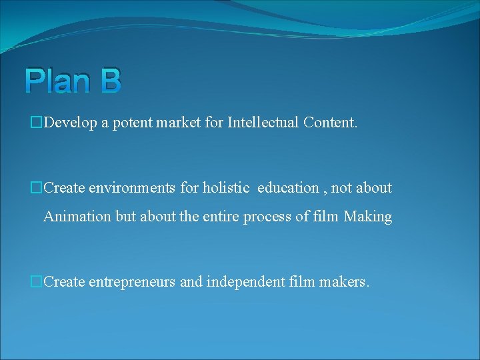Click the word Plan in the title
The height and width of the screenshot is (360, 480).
(59, 81)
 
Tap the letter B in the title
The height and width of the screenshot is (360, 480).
(111, 81)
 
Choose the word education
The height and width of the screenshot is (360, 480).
(288, 188)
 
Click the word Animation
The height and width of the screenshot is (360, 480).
(74, 217)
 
